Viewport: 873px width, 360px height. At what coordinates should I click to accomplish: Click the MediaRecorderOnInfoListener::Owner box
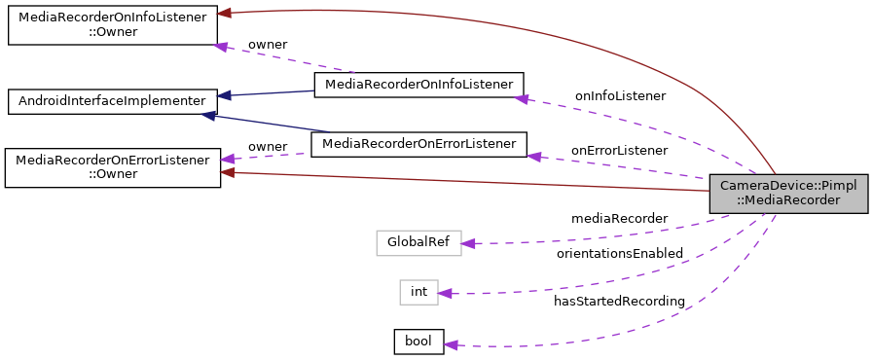coord(111,25)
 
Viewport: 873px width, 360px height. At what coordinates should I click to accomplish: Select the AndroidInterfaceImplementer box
coord(112,100)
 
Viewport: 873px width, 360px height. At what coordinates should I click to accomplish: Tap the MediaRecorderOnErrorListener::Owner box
coord(113,167)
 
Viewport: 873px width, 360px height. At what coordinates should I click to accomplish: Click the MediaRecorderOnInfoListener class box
coord(418,85)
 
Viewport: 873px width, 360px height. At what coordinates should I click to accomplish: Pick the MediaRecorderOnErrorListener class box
coord(418,144)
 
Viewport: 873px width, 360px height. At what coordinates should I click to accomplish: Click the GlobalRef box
coord(418,242)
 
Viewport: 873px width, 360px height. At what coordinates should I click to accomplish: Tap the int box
coord(418,292)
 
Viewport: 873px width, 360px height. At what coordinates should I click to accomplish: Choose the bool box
coord(418,342)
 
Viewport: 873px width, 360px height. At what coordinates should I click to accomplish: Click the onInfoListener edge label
coord(620,96)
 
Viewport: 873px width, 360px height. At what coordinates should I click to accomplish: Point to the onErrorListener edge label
coord(619,151)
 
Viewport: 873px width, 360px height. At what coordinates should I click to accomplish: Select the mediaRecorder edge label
coord(619,218)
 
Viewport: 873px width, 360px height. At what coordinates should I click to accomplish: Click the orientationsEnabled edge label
coord(619,253)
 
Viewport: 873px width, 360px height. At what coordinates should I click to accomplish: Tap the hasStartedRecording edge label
coord(619,302)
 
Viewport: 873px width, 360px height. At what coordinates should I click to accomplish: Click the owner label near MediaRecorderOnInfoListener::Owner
coord(268,45)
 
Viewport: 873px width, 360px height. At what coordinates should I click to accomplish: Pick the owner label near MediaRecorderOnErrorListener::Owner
coord(268,147)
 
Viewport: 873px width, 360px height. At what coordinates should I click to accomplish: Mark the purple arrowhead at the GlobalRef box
coord(467,243)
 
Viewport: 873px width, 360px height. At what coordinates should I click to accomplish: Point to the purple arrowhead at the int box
coord(445,293)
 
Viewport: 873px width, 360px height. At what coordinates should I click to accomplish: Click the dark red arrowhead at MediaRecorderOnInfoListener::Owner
coord(224,13)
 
